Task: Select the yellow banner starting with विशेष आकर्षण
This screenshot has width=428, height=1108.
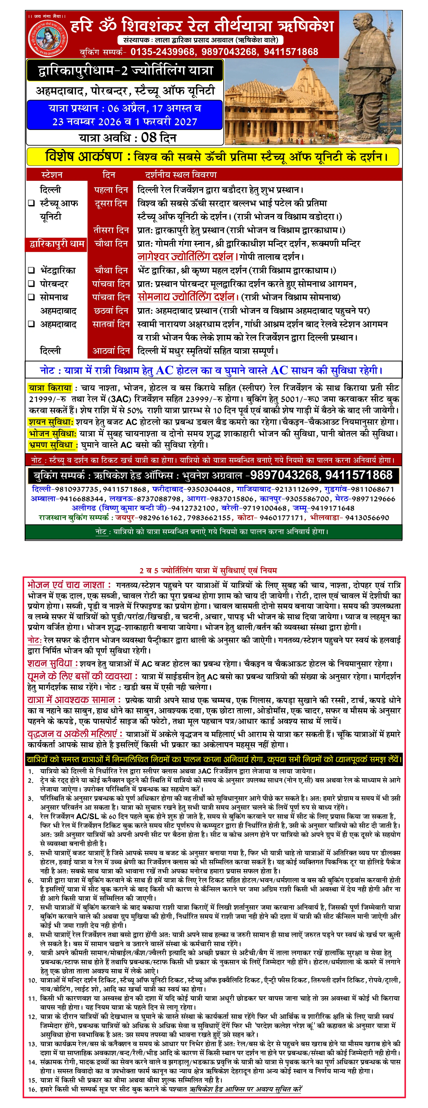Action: (x=214, y=157)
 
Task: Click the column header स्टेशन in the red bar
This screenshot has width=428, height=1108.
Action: (x=52, y=175)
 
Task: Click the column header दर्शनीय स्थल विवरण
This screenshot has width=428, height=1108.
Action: (x=181, y=175)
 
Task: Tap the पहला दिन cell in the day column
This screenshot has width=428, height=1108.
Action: (x=111, y=190)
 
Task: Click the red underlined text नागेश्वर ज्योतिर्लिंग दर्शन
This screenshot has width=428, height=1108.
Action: (x=185, y=257)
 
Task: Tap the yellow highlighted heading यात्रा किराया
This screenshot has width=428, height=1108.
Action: (x=50, y=388)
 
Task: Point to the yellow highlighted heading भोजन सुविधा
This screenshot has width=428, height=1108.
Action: (x=52, y=434)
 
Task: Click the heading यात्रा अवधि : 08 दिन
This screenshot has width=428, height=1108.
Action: (x=127, y=138)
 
